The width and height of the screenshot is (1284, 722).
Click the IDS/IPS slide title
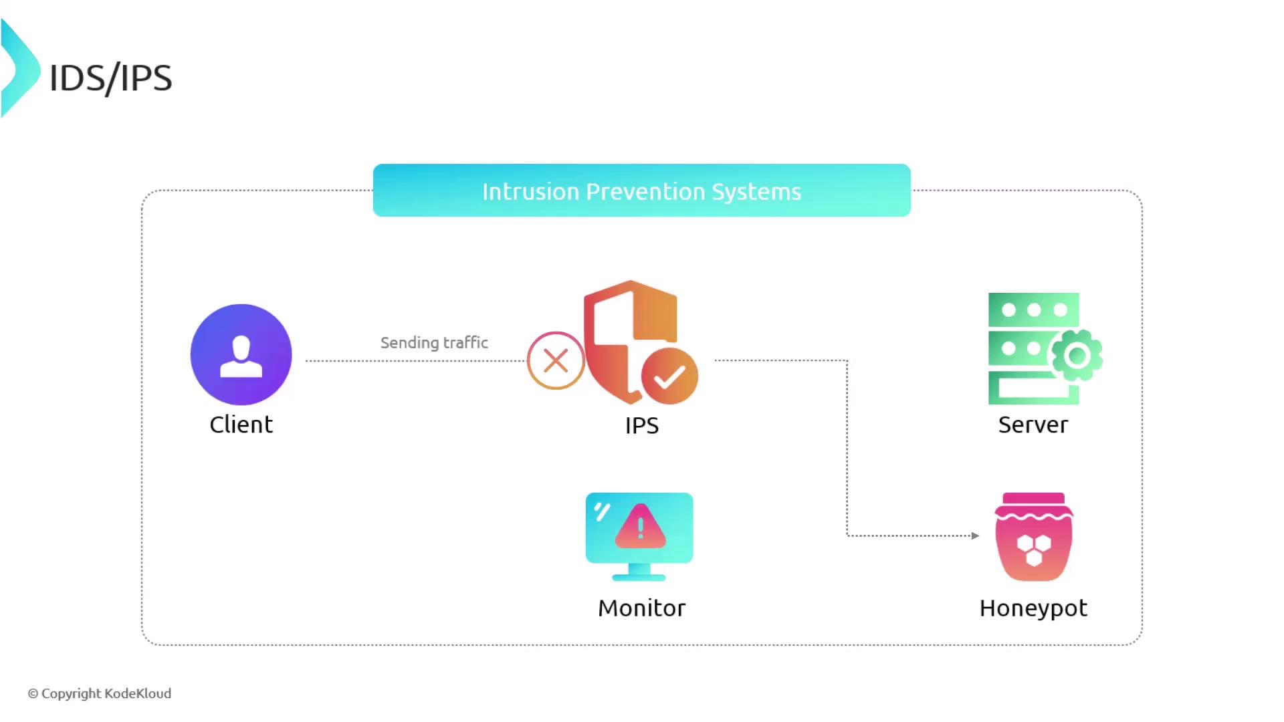[x=110, y=78]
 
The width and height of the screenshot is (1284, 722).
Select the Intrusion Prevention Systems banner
[x=641, y=191]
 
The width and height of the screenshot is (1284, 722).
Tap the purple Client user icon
[x=241, y=354]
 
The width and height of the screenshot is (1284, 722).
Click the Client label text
[x=241, y=425]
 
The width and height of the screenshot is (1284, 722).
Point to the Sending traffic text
[x=434, y=343]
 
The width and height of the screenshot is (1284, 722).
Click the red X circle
[x=556, y=361]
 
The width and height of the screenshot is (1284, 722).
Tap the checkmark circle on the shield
[x=669, y=376]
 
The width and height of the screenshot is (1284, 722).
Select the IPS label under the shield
[x=641, y=426]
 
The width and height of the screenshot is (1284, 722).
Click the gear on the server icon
[x=1077, y=356]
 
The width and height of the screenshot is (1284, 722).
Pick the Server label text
[x=1033, y=425]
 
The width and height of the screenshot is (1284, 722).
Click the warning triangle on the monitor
[x=640, y=527]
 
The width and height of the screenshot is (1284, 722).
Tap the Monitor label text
[x=641, y=608]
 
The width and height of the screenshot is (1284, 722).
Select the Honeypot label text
[x=1033, y=608]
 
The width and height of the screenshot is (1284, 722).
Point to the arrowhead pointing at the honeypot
[x=975, y=535]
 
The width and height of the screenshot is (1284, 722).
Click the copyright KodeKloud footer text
[x=100, y=693]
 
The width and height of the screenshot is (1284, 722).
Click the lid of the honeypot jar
[x=1034, y=499]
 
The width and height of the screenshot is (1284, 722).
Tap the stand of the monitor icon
[x=639, y=572]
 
